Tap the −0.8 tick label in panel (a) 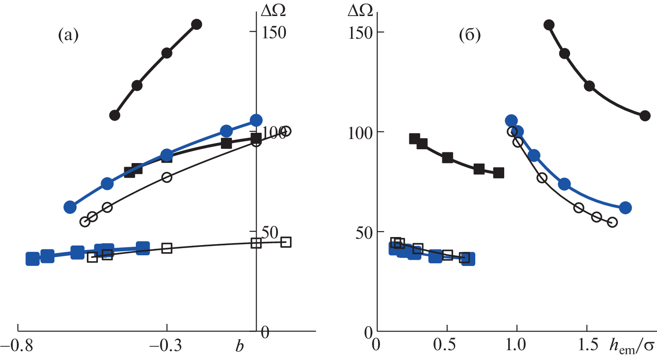point(17,346)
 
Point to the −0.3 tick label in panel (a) point(167,346)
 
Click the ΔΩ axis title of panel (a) point(273,10)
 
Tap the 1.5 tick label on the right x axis point(587,346)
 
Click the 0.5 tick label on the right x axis point(447,346)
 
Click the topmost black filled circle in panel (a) point(196,24)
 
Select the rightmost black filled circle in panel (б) point(645,116)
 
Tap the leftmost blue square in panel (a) point(33,259)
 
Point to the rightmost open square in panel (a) point(286,242)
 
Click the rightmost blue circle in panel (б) point(625,207)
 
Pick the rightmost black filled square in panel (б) point(498,172)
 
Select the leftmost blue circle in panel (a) point(70,207)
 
